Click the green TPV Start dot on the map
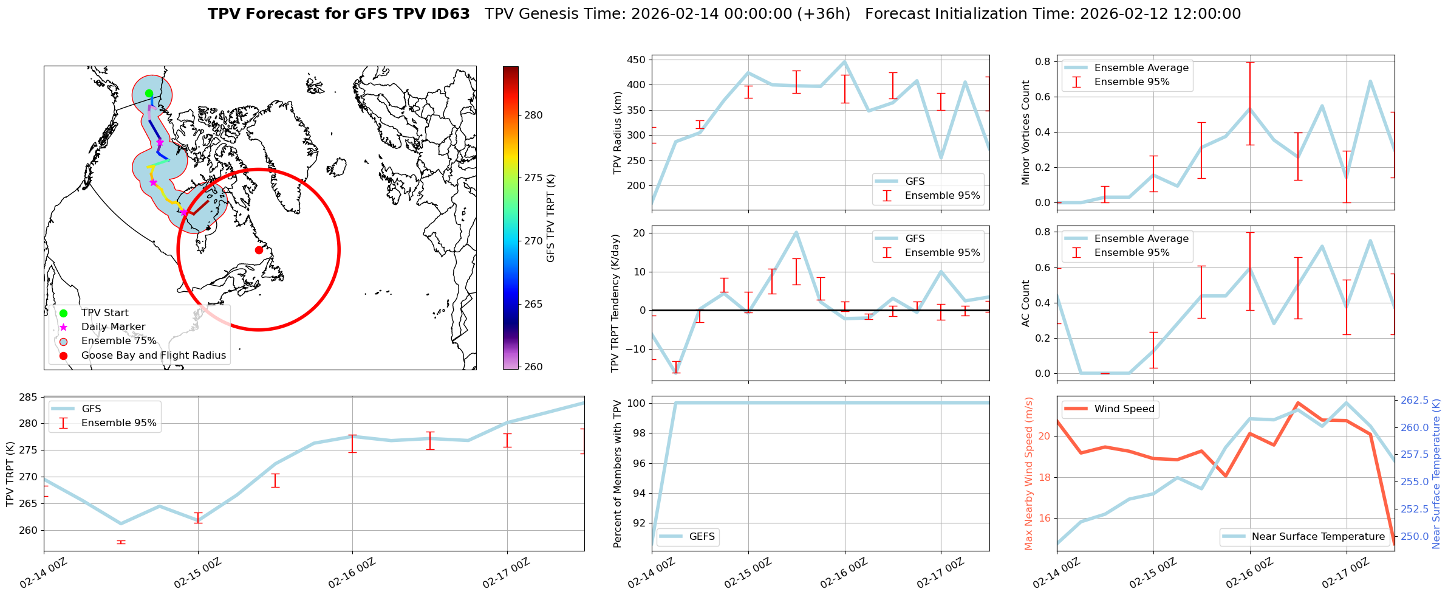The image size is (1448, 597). click(149, 93)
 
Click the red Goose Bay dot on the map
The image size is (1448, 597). click(259, 250)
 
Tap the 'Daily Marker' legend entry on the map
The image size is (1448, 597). click(113, 327)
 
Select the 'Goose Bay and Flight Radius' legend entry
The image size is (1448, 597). click(153, 355)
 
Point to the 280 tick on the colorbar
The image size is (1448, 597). click(534, 115)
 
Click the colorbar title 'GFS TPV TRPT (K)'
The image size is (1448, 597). click(551, 218)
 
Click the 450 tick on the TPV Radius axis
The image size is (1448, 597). click(636, 60)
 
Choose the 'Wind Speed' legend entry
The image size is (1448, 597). click(1124, 409)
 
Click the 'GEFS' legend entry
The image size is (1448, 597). click(702, 536)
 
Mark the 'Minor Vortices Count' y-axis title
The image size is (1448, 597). click(1026, 133)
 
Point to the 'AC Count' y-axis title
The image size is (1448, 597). click(1026, 303)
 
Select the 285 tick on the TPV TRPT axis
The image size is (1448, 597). click(29, 397)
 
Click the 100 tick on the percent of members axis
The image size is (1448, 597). click(634, 403)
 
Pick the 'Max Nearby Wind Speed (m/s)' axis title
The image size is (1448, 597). click(1029, 474)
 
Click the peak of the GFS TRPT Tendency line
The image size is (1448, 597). click(796, 232)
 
